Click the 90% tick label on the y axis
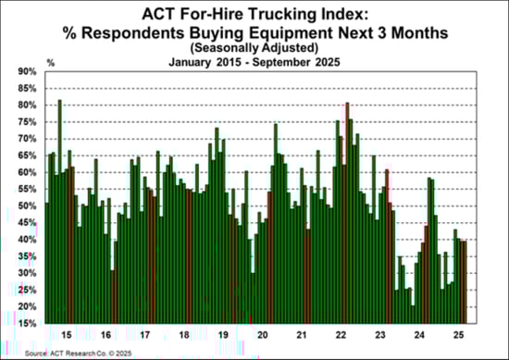pyautogui.click(x=28, y=71)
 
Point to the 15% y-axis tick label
pyautogui.click(x=28, y=323)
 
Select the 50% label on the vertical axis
pyautogui.click(x=28, y=205)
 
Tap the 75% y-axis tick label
pyautogui.click(x=28, y=121)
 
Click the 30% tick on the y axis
pyautogui.click(x=28, y=273)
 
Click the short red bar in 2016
pyautogui.click(x=112, y=296)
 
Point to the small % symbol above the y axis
pyautogui.click(x=50, y=62)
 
